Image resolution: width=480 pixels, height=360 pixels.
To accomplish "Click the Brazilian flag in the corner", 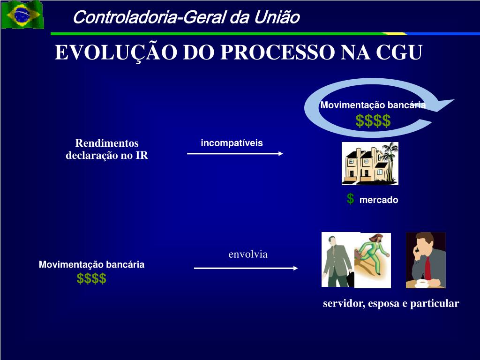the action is (x=22, y=15).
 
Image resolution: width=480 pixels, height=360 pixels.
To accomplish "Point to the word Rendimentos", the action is (x=107, y=143).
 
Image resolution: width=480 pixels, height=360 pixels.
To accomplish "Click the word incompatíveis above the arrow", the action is (x=232, y=143).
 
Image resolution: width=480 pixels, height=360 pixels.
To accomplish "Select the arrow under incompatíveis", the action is (x=235, y=153).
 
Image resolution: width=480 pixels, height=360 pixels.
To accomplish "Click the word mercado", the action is (x=379, y=200).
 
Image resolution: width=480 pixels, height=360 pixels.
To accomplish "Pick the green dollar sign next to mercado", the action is (x=350, y=199).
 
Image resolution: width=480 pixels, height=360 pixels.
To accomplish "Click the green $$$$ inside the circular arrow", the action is (x=373, y=121).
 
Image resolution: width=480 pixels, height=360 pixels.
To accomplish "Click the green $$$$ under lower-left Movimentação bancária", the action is (x=91, y=278).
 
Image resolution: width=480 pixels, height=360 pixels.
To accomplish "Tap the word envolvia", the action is (x=248, y=255).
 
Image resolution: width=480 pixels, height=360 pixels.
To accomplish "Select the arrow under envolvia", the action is (x=246, y=268).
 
